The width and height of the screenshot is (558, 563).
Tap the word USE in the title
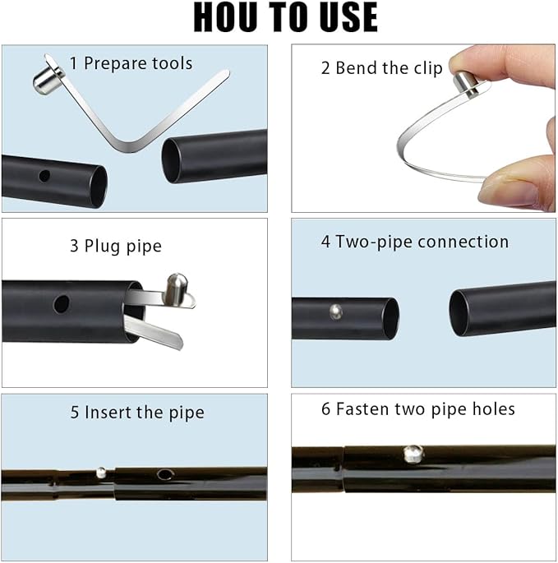348,17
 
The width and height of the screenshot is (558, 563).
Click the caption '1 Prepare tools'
131,63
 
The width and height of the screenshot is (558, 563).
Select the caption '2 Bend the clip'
381,68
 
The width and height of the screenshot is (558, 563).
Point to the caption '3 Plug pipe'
116,247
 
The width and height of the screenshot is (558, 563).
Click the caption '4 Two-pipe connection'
415,242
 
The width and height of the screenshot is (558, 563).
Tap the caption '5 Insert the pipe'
137,413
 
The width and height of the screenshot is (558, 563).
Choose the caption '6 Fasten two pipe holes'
418,409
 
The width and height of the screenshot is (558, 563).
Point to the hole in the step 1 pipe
44,176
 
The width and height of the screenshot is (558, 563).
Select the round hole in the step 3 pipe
62,304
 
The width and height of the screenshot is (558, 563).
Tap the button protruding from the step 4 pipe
336,311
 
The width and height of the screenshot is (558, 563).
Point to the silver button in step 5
101,472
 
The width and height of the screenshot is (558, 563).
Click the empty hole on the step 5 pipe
165,474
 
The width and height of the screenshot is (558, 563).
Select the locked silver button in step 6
413,454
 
